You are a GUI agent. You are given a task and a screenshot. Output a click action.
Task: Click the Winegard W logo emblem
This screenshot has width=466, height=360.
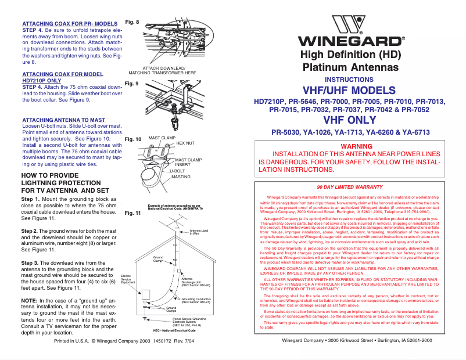[350, 26]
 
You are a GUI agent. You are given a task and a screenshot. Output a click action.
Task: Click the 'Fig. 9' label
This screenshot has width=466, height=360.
[132, 84]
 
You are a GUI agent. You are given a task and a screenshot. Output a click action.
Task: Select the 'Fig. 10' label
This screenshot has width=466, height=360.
[134, 139]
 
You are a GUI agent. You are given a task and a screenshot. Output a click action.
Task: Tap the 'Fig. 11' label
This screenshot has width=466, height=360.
[134, 213]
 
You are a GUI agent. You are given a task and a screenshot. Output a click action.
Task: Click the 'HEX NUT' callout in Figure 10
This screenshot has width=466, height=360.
[185, 142]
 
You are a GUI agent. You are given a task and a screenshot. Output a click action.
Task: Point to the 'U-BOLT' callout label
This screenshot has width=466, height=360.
[177, 171]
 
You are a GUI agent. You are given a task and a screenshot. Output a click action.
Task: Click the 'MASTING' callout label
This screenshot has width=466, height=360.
[181, 177]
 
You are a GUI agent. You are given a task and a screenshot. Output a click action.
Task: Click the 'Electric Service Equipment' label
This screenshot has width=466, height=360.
[128, 278]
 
